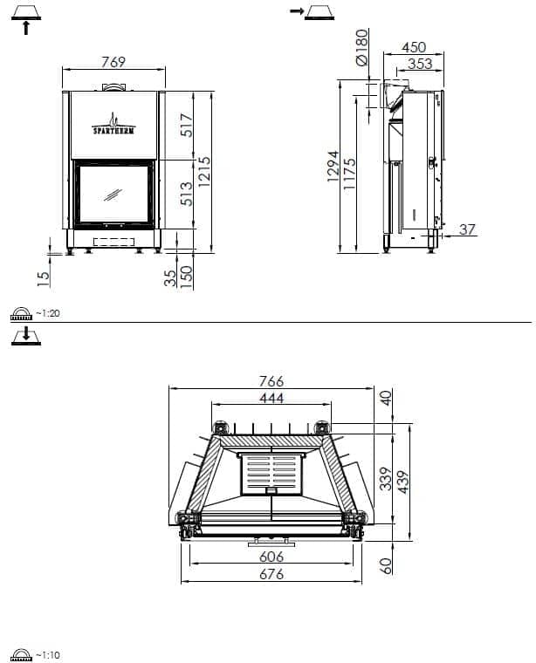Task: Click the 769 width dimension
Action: (113, 62)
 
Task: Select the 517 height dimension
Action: (187, 125)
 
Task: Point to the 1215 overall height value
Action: (204, 172)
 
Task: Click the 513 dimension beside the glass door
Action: (187, 194)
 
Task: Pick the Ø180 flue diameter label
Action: (362, 47)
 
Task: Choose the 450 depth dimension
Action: (414, 47)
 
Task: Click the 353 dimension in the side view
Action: (420, 64)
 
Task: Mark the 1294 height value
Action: (333, 167)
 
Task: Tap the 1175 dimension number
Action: (350, 174)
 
